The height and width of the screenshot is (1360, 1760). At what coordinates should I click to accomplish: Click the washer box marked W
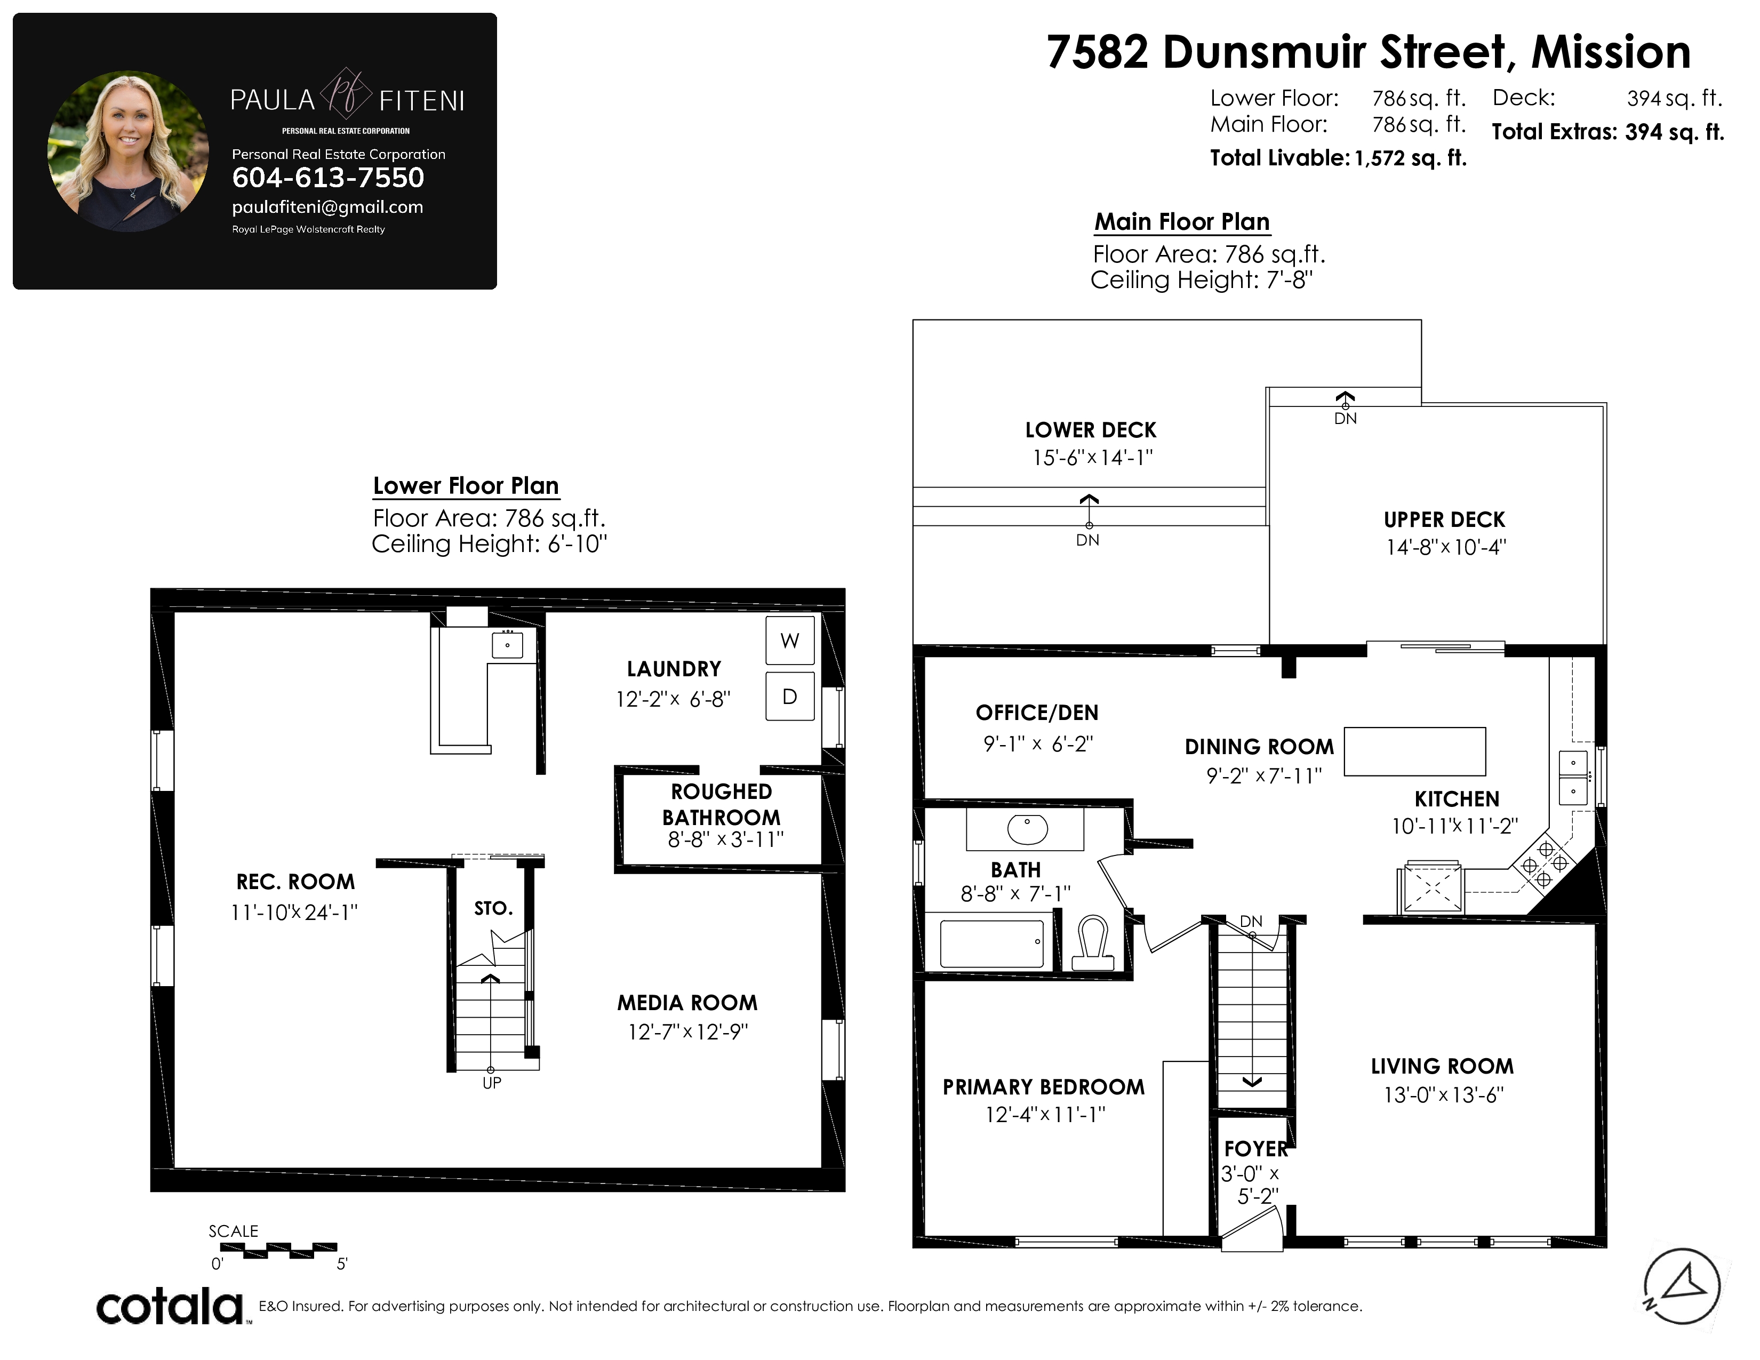[790, 641]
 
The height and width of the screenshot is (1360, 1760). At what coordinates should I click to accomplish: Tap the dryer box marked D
[790, 696]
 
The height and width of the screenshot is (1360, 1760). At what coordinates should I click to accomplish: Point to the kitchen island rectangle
[1415, 751]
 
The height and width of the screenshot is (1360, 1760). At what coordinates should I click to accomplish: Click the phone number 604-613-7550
[328, 177]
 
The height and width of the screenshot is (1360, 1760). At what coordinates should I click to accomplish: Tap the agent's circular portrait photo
[128, 151]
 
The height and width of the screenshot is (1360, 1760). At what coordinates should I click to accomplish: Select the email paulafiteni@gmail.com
[327, 207]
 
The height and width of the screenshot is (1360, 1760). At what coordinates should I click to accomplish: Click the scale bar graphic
[278, 1251]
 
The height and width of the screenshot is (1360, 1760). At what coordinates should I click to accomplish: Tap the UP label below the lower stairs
[492, 1083]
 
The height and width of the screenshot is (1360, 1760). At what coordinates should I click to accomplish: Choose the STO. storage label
[493, 909]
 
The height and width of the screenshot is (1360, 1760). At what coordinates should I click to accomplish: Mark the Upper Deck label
[1445, 519]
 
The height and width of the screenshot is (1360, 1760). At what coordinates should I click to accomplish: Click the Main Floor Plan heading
[1182, 221]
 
